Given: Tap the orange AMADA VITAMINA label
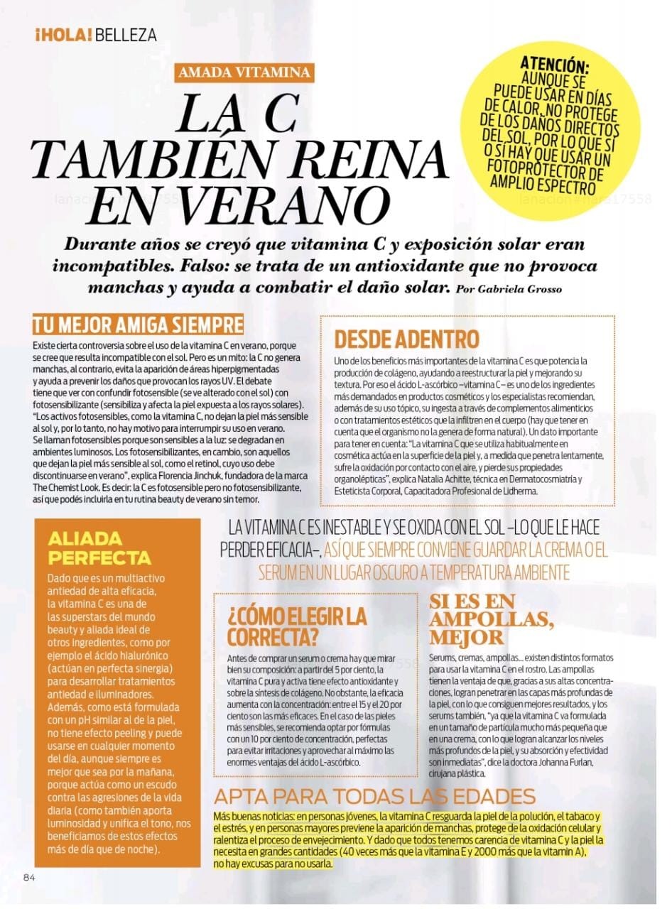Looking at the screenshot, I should [x=244, y=72].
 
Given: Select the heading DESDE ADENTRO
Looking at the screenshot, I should [x=407, y=339].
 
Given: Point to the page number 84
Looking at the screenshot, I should [x=29, y=876].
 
